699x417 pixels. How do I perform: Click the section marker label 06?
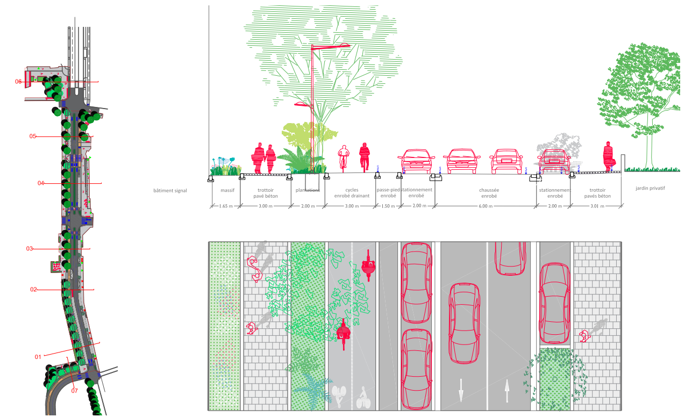(x=18, y=82)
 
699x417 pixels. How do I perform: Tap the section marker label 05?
(x=33, y=136)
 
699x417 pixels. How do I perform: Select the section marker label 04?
(x=41, y=183)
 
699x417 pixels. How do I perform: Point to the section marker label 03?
(x=30, y=249)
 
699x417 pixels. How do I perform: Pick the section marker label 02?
(x=33, y=290)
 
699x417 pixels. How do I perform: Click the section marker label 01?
(x=38, y=357)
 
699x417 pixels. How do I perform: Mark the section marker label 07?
(x=75, y=391)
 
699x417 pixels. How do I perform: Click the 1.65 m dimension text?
(x=226, y=206)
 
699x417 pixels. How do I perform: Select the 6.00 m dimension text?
(x=485, y=206)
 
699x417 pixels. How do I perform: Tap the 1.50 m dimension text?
(x=387, y=206)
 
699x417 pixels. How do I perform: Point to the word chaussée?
(x=489, y=190)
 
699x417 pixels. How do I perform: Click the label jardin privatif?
(x=650, y=189)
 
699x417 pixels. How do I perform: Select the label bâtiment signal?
(x=170, y=191)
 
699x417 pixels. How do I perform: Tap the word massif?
(x=227, y=190)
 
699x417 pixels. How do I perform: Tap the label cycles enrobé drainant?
(x=352, y=193)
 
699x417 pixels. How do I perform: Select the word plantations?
(x=308, y=190)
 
